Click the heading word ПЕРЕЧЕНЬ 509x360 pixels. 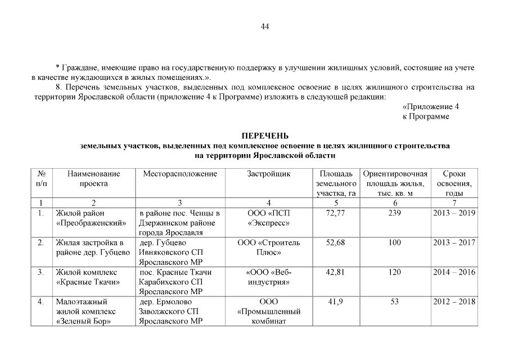265,136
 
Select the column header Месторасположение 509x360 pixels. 180,174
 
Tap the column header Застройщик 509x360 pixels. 269,174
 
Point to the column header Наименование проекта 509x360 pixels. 93,179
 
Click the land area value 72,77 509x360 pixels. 335,213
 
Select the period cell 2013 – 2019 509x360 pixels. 454,213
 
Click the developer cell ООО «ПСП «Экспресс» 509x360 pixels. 269,218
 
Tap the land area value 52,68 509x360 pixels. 335,243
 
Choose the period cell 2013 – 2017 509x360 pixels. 454,243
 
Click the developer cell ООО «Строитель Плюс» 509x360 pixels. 269,248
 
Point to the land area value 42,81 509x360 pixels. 335,273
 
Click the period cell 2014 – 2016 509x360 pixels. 454,273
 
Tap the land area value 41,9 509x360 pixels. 335,302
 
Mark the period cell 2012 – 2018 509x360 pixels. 454,302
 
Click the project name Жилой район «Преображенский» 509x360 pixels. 90,218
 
